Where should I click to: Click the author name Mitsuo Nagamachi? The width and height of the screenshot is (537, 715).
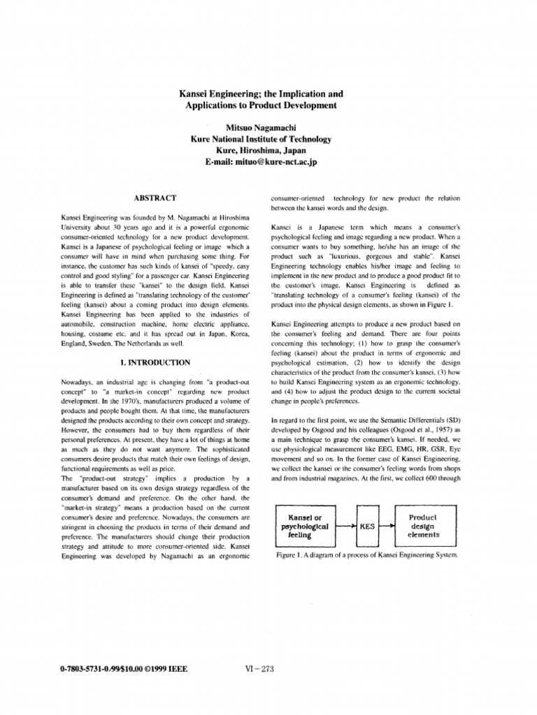[x=261, y=128]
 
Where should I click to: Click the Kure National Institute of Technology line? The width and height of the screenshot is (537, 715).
[x=261, y=139]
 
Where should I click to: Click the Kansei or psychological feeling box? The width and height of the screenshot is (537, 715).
[x=308, y=526]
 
